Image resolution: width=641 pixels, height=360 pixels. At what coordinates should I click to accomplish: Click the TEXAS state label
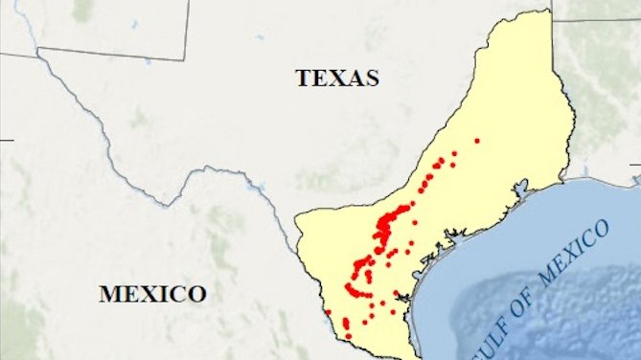[x=337, y=78]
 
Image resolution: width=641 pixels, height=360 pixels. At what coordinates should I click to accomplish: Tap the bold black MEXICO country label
[x=152, y=293]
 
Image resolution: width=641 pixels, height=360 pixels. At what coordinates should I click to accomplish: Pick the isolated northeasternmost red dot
[x=476, y=141]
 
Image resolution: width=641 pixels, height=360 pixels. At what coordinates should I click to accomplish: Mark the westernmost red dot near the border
[x=328, y=311]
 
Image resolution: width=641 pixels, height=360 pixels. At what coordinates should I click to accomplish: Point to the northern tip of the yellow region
[x=548, y=11]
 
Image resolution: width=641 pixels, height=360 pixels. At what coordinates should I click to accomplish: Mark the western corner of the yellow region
[x=296, y=217]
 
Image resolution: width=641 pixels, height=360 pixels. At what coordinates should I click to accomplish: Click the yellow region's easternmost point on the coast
[x=575, y=177]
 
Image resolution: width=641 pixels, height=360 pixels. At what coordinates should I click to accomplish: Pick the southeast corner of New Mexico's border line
[x=184, y=59]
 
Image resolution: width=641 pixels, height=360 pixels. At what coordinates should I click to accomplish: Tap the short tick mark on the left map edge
[x=6, y=140]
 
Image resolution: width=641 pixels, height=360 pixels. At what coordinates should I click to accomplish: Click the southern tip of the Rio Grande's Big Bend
[x=172, y=202]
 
